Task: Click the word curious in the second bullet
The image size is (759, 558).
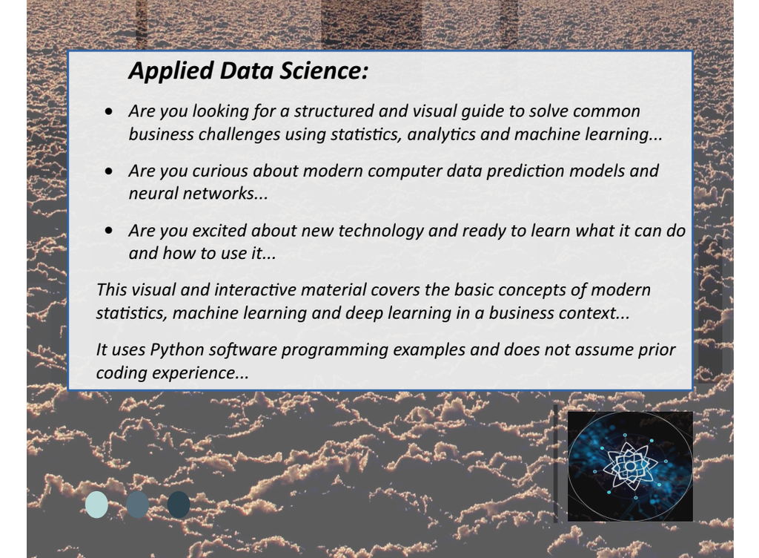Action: [220, 171]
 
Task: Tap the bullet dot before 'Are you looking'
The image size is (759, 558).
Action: [110, 112]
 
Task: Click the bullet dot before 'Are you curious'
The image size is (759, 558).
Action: [110, 171]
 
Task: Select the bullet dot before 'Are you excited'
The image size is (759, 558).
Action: [110, 231]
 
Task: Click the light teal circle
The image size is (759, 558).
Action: [96, 505]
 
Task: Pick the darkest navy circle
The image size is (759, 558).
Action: [179, 505]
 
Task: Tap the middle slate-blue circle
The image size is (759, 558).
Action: [137, 505]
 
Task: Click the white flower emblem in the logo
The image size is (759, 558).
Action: [629, 466]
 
